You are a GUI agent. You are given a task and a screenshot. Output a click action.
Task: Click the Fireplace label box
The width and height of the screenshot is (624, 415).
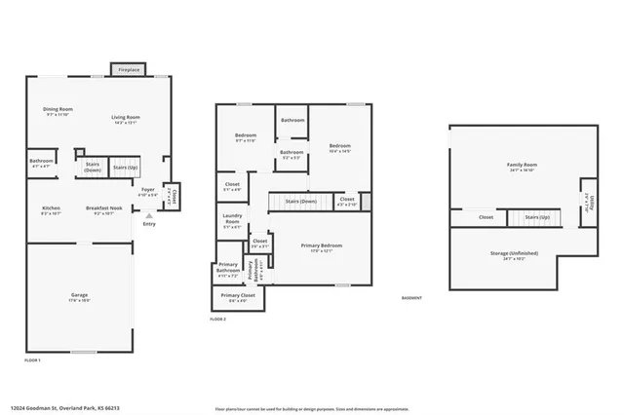[128, 70]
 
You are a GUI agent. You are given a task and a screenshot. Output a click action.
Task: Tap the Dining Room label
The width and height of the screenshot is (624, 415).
[58, 111]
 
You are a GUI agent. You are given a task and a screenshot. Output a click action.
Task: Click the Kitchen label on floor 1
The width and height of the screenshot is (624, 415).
[51, 209]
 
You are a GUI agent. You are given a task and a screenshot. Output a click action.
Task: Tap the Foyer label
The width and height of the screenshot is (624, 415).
[147, 191]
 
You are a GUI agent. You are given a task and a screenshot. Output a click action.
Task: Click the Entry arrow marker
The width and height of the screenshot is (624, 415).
[148, 216]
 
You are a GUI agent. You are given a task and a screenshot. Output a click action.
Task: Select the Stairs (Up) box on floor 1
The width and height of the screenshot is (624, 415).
[124, 169]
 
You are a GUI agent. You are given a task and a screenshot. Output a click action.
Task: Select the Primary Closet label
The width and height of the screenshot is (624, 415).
[237, 296]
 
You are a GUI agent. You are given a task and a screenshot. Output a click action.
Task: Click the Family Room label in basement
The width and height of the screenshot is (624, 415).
[522, 167]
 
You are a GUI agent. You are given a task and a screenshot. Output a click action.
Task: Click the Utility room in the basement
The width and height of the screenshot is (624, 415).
[587, 203]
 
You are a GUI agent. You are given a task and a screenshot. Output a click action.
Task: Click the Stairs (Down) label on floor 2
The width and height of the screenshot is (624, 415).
[300, 202]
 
